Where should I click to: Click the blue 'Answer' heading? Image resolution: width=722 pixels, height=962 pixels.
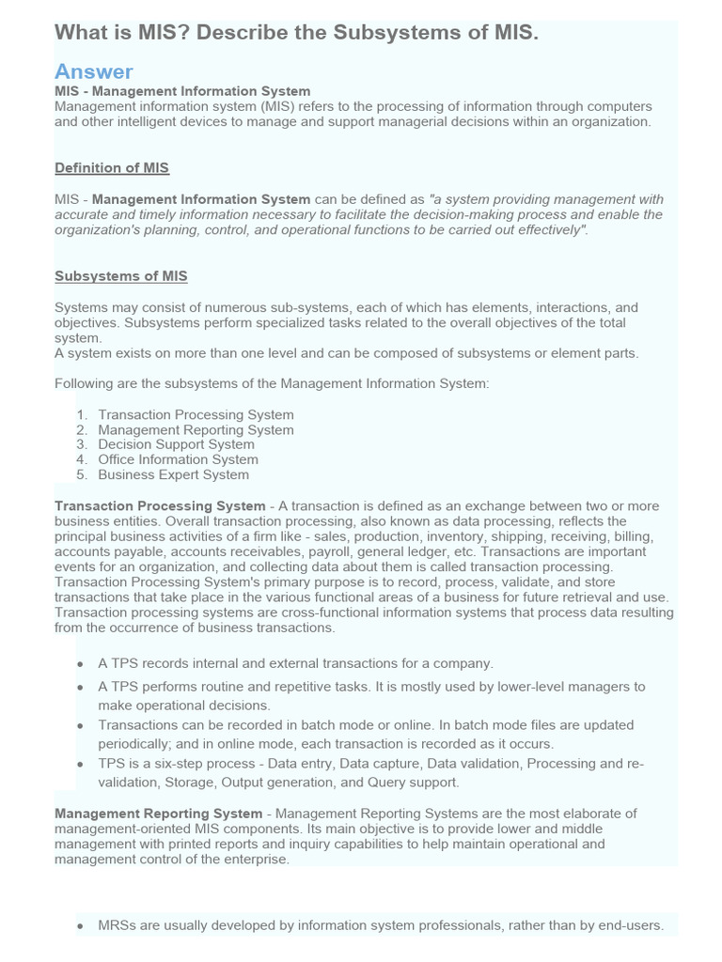coord(94,71)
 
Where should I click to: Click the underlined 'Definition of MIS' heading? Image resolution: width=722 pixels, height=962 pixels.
coord(112,168)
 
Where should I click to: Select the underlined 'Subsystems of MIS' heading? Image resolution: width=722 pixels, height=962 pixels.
coord(121,276)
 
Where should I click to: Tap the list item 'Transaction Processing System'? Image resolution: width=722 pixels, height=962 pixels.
coord(196,414)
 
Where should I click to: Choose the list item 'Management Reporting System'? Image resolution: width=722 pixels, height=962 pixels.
coord(196,429)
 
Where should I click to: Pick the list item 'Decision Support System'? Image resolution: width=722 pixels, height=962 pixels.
coord(176,444)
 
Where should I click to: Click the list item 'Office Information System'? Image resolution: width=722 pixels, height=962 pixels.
coord(178,459)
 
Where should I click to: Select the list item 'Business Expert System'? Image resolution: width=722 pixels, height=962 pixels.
coord(173,474)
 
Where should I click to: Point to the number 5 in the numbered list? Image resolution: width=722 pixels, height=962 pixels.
coord(82,474)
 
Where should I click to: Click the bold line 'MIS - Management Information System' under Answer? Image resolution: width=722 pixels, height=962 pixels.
coord(182,91)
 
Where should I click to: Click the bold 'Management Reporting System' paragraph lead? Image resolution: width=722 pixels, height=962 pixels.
coord(158,813)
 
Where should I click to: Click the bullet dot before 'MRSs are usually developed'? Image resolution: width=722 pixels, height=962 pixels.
coord(82,926)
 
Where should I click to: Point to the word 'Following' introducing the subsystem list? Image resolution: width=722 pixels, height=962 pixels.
coord(84,383)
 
